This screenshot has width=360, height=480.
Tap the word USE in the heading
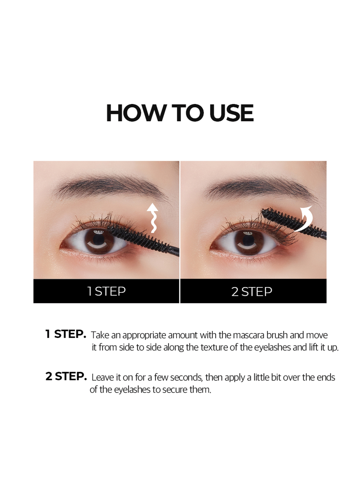coord(231,113)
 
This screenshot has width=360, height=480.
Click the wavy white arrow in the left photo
coord(153,218)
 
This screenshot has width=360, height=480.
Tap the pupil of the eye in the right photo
coord(248,240)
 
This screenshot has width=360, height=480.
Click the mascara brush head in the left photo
coord(139,238)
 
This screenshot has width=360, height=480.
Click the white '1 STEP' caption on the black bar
coord(106,291)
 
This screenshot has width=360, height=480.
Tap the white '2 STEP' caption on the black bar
coord(252,292)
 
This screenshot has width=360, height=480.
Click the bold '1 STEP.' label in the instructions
coord(66,334)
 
